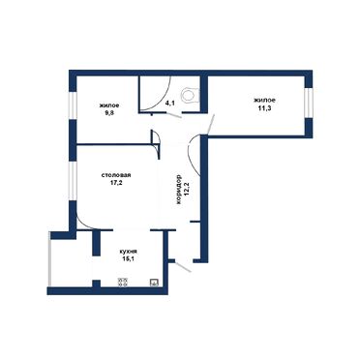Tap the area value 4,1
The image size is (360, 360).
[x=169, y=101]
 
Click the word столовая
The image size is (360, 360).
[x=115, y=175]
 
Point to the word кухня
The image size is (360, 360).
[x=127, y=250]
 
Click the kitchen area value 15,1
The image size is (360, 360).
[x=127, y=257]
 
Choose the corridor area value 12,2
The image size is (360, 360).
[x=186, y=184]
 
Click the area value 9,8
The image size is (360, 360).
[x=108, y=111]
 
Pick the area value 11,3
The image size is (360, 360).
[x=264, y=108]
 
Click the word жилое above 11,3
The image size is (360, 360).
[x=264, y=100]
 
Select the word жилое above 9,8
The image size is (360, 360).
[x=108, y=104]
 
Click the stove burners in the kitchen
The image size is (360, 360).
[x=124, y=283]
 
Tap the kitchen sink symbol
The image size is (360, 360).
[x=153, y=283]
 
